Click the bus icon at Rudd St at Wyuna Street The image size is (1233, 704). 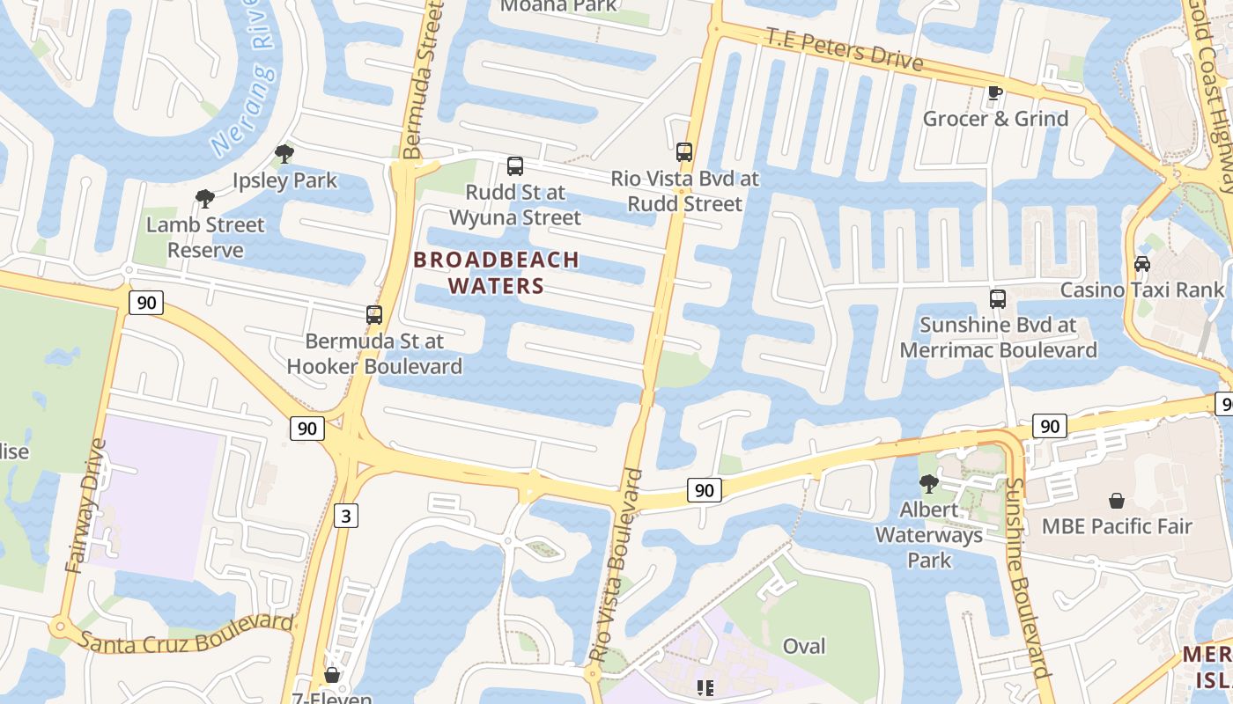(515, 165)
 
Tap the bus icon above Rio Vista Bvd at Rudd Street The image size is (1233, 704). (684, 151)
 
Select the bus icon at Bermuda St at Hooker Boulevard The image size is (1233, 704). (374, 314)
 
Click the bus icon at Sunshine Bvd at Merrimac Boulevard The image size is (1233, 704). (997, 299)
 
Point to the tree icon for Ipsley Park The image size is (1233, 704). (284, 155)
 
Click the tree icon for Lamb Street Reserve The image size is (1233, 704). (205, 199)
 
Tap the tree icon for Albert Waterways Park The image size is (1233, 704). (928, 483)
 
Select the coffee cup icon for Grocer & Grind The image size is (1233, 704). (995, 92)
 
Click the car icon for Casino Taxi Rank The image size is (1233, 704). (1141, 263)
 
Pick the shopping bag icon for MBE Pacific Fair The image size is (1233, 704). (1117, 501)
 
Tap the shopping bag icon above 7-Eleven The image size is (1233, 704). (332, 675)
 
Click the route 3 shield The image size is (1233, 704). (346, 516)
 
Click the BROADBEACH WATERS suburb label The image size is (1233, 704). (496, 273)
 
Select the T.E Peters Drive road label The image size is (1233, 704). (844, 49)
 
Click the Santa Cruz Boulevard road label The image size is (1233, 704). (185, 633)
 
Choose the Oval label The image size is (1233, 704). (804, 647)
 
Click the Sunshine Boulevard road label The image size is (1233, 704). (1026, 576)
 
